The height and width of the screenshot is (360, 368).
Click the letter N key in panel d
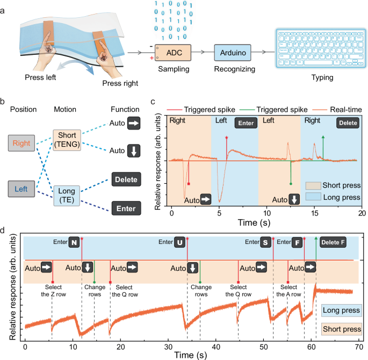[x=74, y=243]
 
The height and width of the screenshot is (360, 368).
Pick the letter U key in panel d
[x=180, y=243]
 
